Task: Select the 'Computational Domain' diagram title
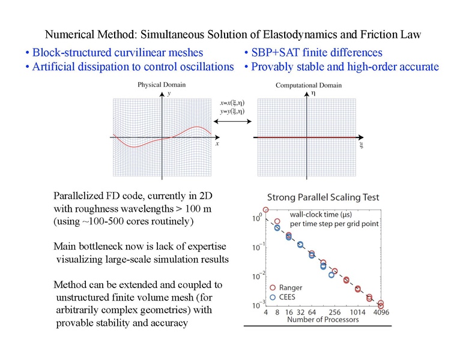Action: click(x=306, y=86)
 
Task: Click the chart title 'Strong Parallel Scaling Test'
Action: click(x=323, y=197)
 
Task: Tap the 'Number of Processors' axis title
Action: click(x=323, y=320)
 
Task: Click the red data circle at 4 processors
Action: click(x=265, y=209)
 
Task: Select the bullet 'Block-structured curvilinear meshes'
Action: click(x=114, y=53)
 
